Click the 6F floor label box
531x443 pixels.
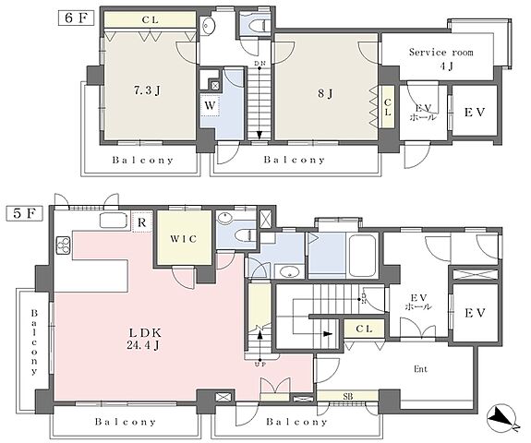click(76, 18)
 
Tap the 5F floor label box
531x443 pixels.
click(25, 213)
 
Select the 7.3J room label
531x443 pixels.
click(147, 90)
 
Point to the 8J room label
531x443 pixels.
click(325, 93)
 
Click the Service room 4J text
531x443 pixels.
click(441, 59)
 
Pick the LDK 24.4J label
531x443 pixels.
click(144, 339)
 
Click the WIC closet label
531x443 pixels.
click(184, 239)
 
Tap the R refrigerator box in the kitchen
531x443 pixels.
click(142, 222)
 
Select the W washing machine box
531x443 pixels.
click(210, 105)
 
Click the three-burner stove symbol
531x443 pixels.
click(64, 245)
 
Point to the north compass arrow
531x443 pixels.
click(502, 417)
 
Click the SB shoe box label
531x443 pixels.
click(348, 396)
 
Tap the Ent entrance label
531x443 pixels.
click(420, 369)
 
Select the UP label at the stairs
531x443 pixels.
click(259, 365)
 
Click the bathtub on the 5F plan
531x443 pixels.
click(363, 255)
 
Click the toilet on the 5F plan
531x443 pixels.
click(246, 234)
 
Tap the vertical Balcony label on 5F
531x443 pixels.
click(34, 341)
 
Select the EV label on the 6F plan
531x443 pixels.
click(475, 112)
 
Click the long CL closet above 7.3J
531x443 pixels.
click(150, 20)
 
